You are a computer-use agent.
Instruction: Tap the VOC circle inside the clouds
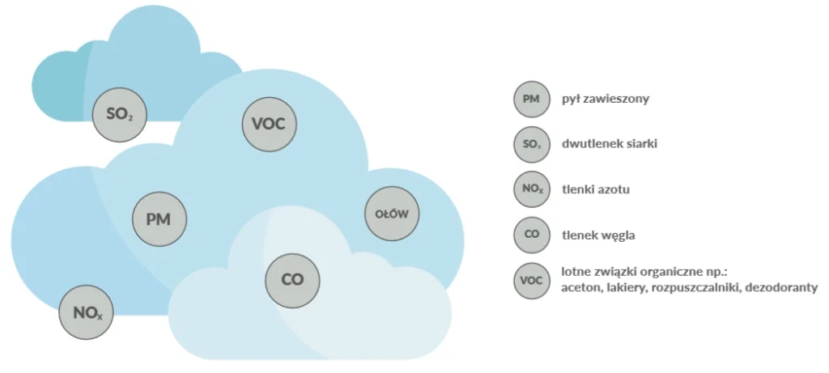270,125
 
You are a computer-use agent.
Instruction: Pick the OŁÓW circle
393,214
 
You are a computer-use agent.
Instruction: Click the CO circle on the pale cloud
292,279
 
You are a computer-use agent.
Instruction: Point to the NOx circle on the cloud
87,312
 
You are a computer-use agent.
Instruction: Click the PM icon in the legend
531,100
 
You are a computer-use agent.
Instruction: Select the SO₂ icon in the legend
531,145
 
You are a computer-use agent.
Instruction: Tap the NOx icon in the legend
531,190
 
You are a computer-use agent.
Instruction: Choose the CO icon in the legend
531,235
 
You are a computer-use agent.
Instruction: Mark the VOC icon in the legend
531,280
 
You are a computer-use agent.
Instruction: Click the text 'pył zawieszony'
606,100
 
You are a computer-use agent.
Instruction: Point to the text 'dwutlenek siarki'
609,145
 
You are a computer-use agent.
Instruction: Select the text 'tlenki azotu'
595,190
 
